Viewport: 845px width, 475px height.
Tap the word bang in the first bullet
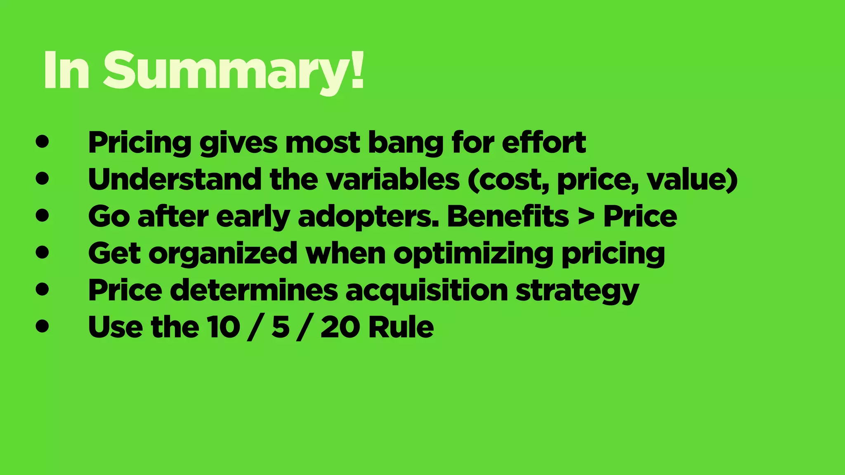[405, 143]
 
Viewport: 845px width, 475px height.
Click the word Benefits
[508, 216]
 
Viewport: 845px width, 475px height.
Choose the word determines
[254, 290]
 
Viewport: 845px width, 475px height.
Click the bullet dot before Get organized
[42, 252]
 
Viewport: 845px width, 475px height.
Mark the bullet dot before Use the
[42, 326]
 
